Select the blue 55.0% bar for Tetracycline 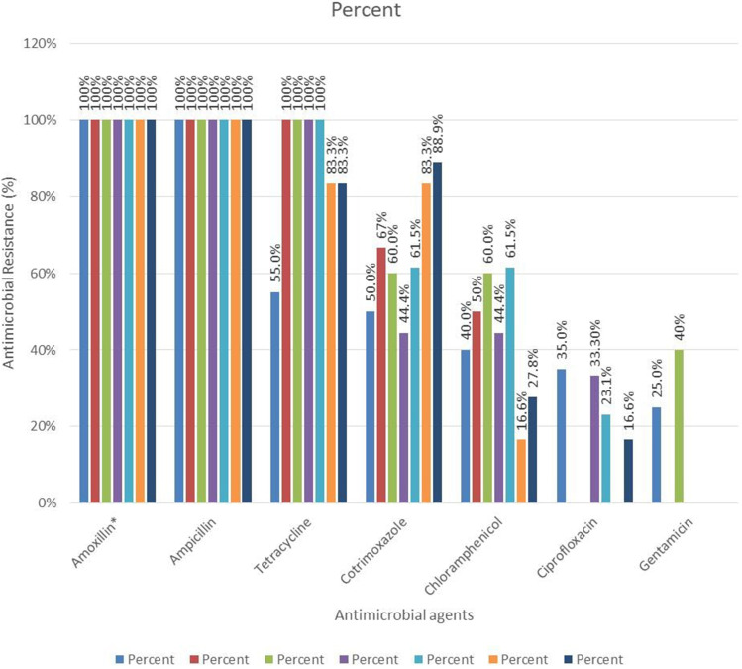[274, 397]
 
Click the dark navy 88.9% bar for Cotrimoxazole [438, 333]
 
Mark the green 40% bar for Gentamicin [679, 426]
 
